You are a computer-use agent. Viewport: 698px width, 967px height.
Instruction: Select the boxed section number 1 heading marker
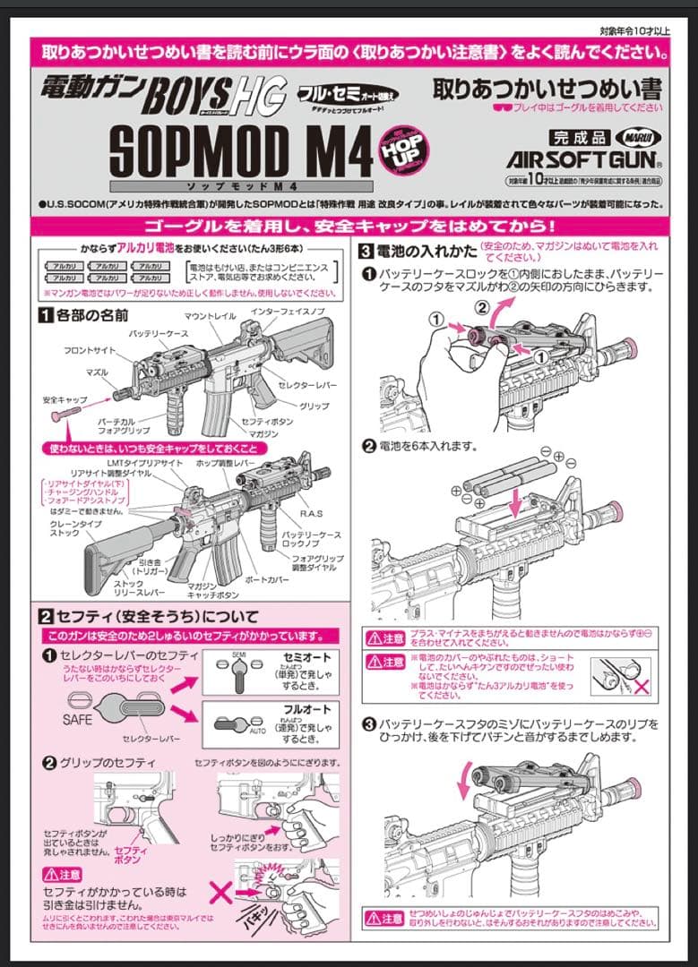click(x=44, y=314)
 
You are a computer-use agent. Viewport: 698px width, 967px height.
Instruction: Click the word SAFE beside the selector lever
click(x=79, y=719)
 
